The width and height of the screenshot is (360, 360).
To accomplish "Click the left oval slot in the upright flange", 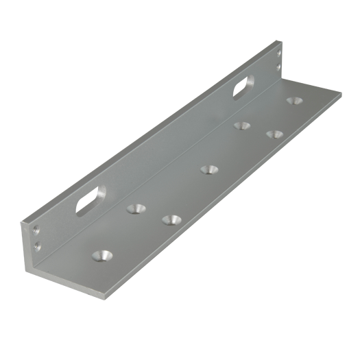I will pyautogui.click(x=88, y=202).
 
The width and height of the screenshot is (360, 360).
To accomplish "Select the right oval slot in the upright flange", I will pyautogui.click(x=241, y=87).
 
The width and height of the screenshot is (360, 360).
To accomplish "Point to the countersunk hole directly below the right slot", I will pyautogui.click(x=241, y=125).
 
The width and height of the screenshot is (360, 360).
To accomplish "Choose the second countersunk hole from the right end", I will pyautogui.click(x=274, y=134).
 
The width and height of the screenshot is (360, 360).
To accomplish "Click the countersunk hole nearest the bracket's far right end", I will pyautogui.click(x=295, y=100).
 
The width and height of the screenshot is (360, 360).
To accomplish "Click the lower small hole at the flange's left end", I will pyautogui.click(x=35, y=245).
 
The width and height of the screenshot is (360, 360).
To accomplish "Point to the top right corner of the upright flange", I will pyautogui.click(x=282, y=43).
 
